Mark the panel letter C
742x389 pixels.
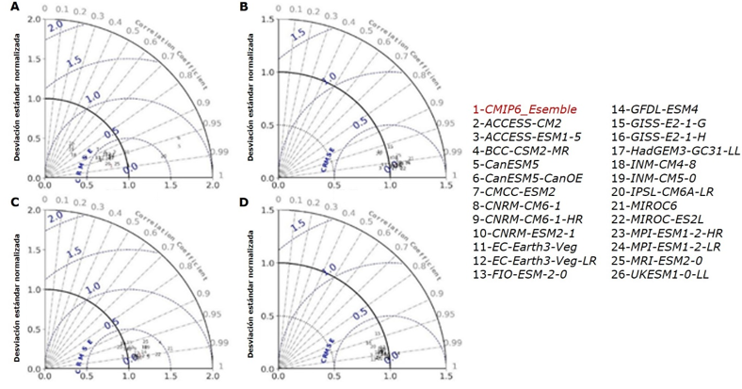click(13, 203)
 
